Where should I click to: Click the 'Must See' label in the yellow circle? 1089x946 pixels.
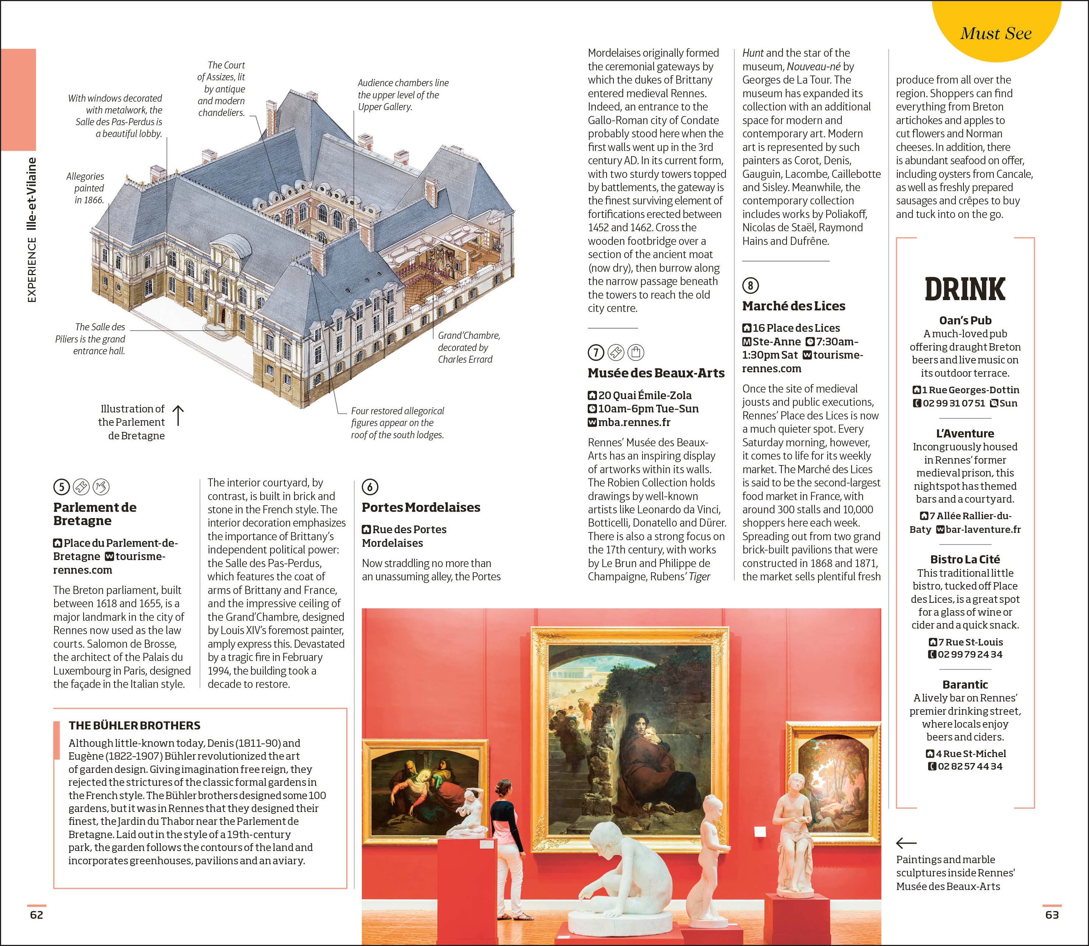point(995,33)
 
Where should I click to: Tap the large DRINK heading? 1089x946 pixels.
point(965,289)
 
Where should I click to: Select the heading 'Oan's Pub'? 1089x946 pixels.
point(965,320)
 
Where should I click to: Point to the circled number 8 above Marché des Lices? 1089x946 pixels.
point(750,286)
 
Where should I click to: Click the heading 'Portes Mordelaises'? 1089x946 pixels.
point(421,507)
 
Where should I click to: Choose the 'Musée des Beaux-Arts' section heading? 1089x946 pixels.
point(656,373)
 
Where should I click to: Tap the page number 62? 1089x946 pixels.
point(36,915)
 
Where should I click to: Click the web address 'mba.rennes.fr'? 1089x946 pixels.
point(634,422)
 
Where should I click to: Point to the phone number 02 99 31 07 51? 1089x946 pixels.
point(954,403)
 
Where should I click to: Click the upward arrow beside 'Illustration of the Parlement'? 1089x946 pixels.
point(178,415)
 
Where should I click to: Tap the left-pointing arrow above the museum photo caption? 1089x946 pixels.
point(906,843)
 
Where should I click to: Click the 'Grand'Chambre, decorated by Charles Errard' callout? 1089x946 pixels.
point(469,347)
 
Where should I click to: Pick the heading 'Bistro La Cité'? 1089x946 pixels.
point(965,559)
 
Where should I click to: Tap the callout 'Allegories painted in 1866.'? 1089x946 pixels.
point(85,188)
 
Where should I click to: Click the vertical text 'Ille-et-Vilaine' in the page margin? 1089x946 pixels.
point(32,194)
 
